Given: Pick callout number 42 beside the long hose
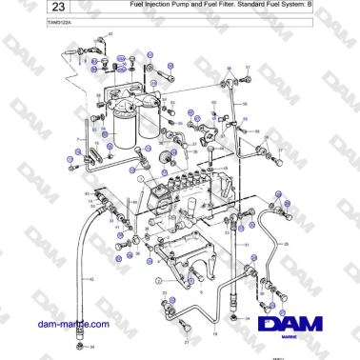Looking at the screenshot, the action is coord(91,278).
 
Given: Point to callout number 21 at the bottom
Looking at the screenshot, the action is coord(187,340).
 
